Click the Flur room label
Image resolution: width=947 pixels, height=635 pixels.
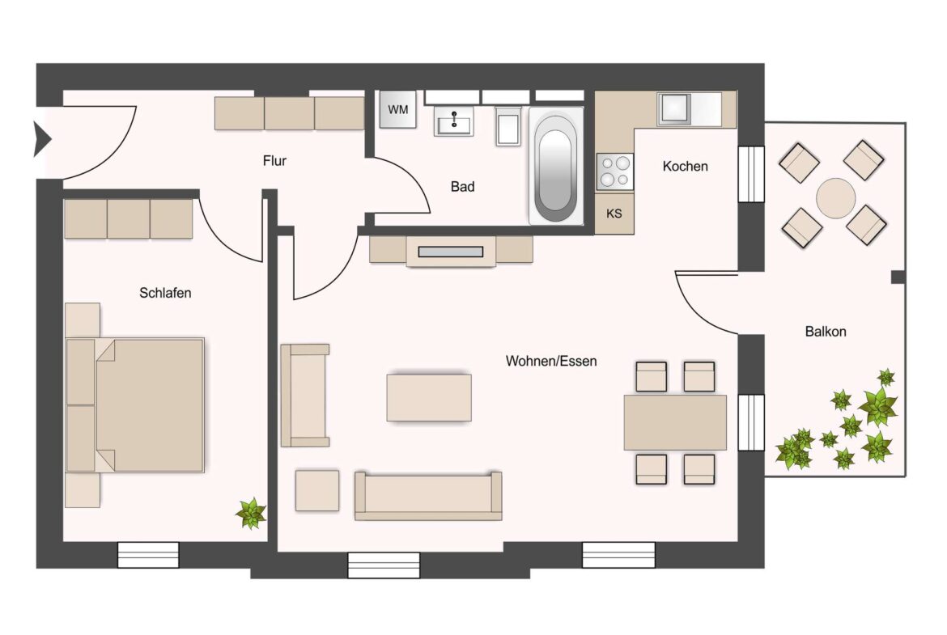point(274,161)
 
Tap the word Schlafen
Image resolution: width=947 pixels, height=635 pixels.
point(165,293)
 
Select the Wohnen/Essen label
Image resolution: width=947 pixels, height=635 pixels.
point(551,361)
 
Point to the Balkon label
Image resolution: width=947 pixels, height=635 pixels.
point(826,332)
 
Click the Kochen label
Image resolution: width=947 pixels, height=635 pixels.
point(685,167)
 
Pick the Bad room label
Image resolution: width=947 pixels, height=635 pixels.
point(462,187)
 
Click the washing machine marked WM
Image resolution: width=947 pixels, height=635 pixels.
point(398,109)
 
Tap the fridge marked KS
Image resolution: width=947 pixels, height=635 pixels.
point(614,214)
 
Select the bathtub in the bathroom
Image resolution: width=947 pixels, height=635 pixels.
point(555,167)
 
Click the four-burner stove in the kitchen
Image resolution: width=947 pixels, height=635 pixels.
point(614,171)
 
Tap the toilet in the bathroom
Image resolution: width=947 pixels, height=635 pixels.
point(508,127)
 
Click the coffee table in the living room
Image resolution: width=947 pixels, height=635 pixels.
point(429,397)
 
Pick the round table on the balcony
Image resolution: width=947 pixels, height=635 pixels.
point(836,197)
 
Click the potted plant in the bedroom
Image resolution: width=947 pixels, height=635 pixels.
point(250,513)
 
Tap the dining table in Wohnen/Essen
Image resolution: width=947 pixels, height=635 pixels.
point(675,422)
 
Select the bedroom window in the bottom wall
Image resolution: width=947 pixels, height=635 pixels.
point(148,555)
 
